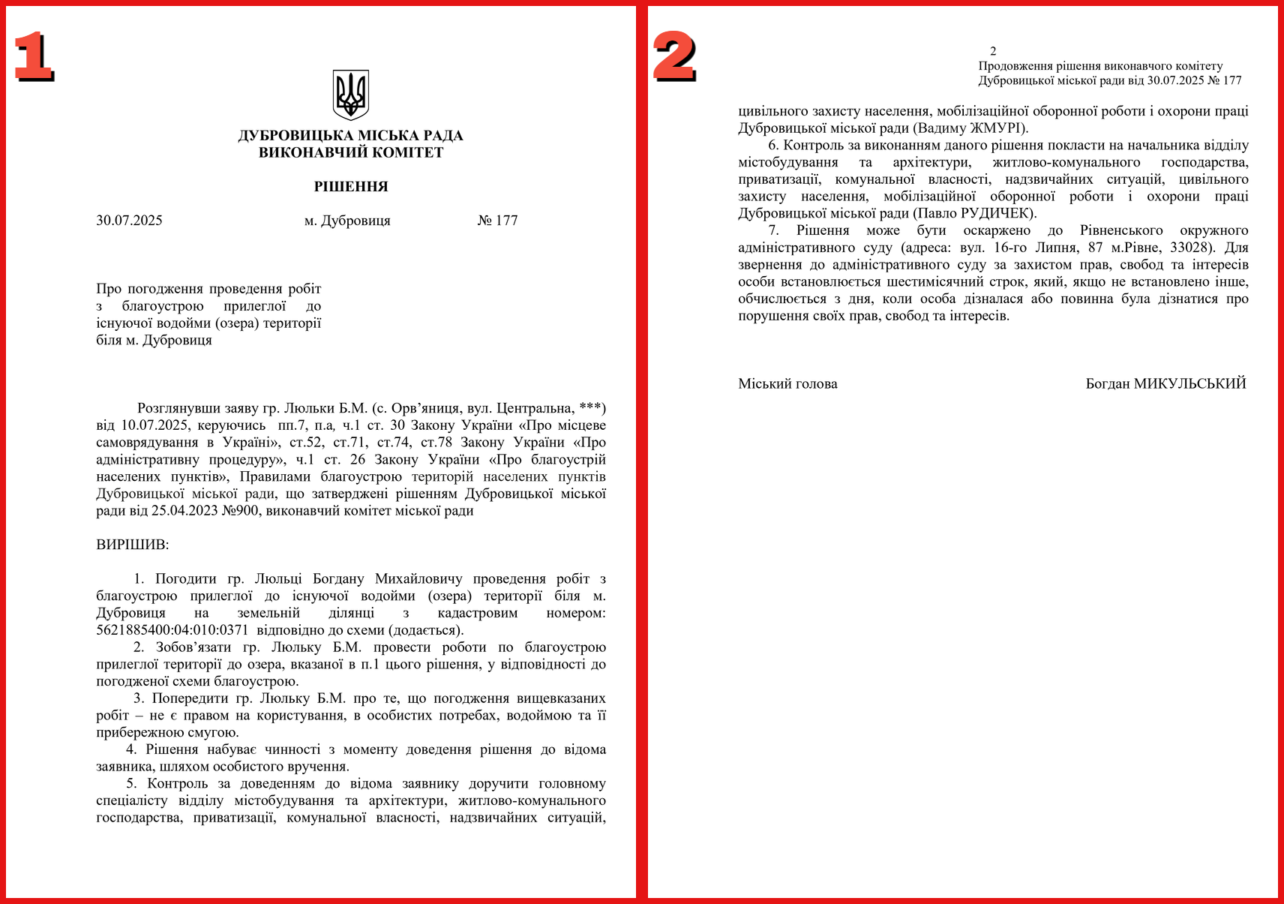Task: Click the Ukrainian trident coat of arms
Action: (x=350, y=95)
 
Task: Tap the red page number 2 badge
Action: (x=674, y=56)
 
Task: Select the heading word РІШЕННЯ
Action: (x=351, y=187)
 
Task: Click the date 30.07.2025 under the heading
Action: (x=129, y=221)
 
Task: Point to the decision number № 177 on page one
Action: (x=497, y=221)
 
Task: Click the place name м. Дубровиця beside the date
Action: (x=347, y=221)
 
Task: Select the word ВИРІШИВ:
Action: (x=133, y=545)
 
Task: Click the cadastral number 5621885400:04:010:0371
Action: (x=172, y=630)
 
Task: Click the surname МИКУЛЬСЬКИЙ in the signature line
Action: (x=1189, y=384)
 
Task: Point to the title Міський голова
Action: (x=787, y=384)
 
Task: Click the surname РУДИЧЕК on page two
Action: (x=994, y=214)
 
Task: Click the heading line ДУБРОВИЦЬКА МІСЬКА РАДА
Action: (x=350, y=136)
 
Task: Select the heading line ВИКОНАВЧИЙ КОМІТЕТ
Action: (x=351, y=153)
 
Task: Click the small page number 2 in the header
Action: (x=993, y=51)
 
